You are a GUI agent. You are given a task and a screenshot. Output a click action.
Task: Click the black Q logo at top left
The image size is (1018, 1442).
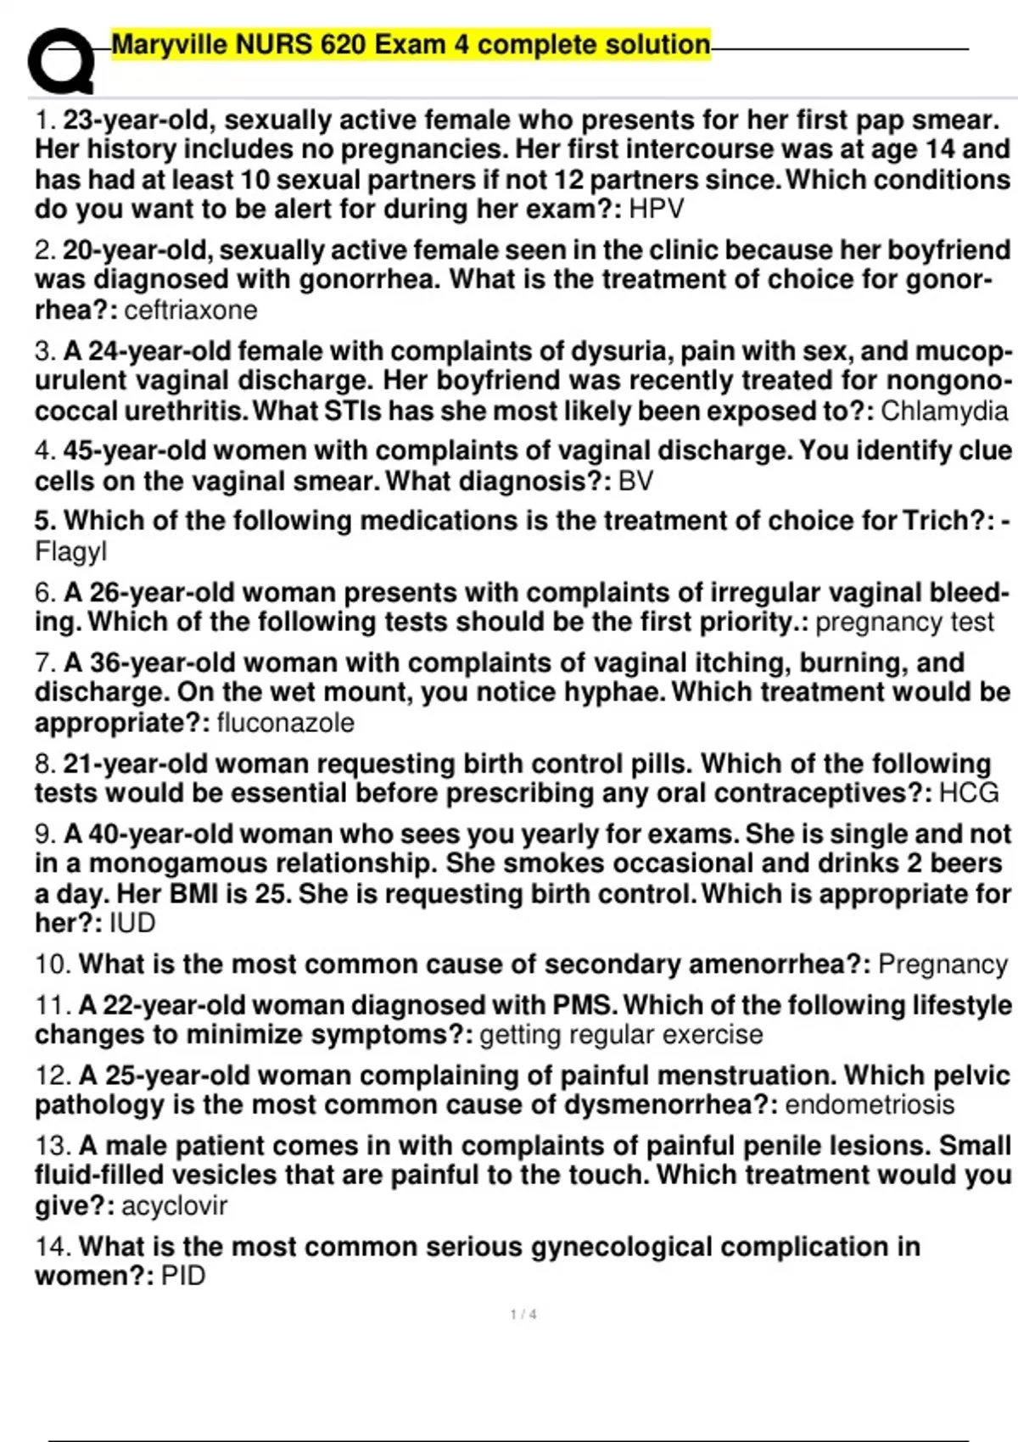(59, 61)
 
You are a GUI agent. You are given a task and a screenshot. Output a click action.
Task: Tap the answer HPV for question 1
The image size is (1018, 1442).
(656, 209)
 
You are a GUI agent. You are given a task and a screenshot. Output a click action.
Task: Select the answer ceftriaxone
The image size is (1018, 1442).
(191, 310)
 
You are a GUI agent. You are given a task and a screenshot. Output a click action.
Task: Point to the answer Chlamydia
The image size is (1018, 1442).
(944, 411)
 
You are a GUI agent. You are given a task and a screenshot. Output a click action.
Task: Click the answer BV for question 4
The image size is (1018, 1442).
(636, 481)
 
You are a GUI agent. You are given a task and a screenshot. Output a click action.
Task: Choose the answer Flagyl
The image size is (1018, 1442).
(71, 551)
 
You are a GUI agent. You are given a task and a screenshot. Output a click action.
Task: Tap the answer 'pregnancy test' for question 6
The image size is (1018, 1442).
(904, 622)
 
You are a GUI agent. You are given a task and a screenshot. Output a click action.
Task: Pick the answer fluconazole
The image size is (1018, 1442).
(286, 723)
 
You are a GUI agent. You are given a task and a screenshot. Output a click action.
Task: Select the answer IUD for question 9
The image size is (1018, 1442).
(132, 923)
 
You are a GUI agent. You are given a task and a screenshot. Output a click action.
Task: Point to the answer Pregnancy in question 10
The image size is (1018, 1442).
(942, 964)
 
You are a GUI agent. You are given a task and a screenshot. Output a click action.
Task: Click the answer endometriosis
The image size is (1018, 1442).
(870, 1104)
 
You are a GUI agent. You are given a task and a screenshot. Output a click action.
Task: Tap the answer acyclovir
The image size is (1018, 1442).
(174, 1205)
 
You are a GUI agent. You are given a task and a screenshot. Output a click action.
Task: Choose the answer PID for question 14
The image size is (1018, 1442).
(183, 1276)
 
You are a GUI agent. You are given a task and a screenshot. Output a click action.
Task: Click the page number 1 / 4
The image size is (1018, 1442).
(523, 1315)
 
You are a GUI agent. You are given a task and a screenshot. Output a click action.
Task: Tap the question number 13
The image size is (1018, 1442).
(53, 1146)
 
